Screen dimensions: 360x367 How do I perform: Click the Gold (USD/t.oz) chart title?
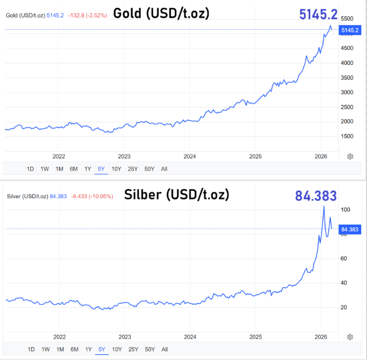click(161, 13)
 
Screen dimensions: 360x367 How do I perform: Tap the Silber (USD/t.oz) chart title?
click(177, 194)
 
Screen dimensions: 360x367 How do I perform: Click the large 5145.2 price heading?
click(319, 14)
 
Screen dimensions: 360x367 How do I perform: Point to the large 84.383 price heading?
click(315, 196)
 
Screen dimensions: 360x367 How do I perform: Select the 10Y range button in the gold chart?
click(116, 169)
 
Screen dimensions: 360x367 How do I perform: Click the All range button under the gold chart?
click(164, 169)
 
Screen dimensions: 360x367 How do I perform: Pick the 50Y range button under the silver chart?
click(149, 349)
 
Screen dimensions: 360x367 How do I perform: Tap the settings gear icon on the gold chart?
click(350, 157)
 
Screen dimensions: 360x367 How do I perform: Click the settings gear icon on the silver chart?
click(350, 337)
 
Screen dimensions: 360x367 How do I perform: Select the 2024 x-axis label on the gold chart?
click(190, 156)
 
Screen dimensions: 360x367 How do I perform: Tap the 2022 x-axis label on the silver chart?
click(59, 337)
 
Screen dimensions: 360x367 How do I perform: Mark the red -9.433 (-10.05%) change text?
click(92, 196)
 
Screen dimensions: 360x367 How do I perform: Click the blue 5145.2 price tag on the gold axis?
click(349, 30)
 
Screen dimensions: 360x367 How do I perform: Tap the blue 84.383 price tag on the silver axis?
click(350, 229)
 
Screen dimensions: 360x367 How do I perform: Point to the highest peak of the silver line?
click(324, 206)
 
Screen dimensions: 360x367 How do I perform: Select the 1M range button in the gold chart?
click(59, 169)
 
